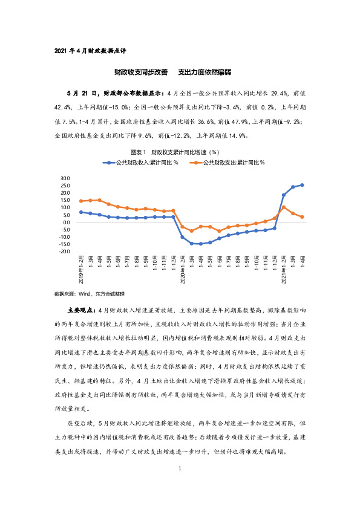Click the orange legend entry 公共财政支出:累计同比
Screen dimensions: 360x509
click(233, 163)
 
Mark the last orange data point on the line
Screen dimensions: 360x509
click(302, 217)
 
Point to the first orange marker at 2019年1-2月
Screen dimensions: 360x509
click(81, 201)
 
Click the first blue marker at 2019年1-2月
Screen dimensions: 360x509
click(81, 212)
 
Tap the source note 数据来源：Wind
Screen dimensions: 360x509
click(89, 293)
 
